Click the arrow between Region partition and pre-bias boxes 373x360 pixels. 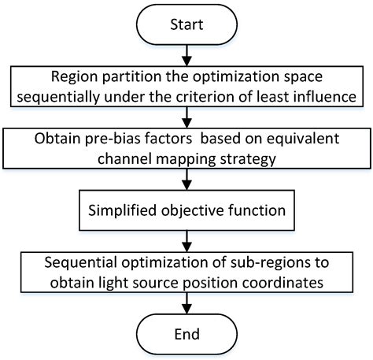[186, 116]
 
